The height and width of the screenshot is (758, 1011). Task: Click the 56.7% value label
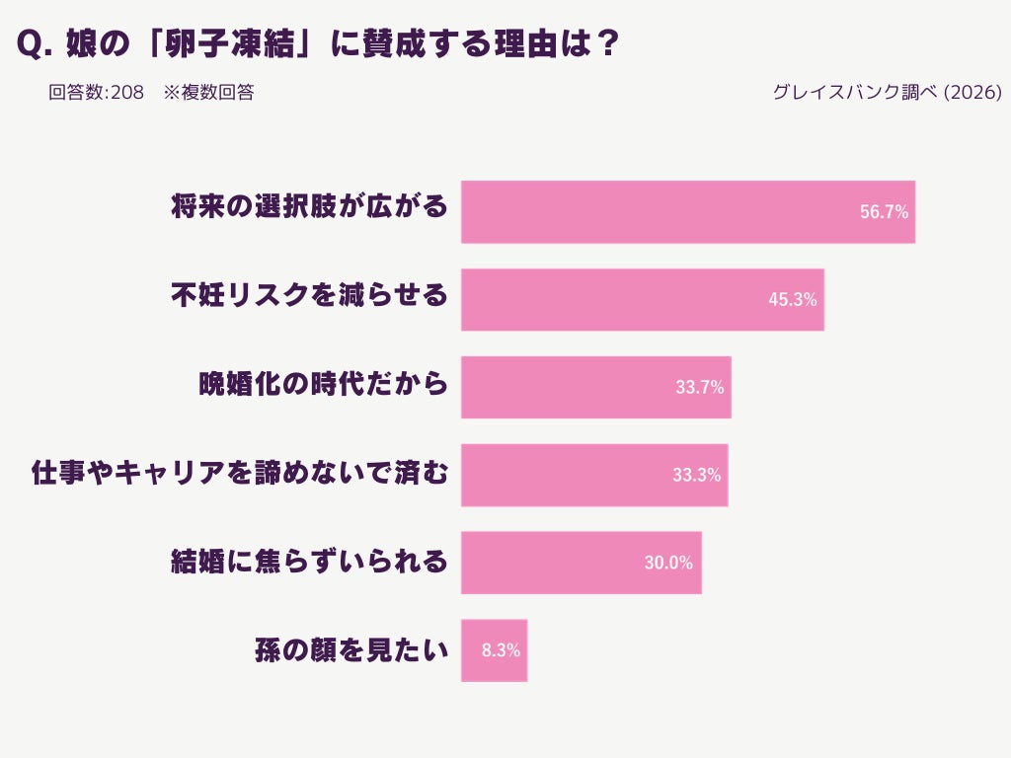point(884,212)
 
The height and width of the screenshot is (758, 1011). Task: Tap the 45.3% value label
point(793,300)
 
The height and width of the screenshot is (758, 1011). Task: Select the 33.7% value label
point(700,388)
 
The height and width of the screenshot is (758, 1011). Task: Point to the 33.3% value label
point(697,475)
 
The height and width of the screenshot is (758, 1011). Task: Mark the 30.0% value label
point(668,563)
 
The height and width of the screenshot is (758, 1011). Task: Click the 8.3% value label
point(501,650)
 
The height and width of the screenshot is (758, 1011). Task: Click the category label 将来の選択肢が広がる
point(309,207)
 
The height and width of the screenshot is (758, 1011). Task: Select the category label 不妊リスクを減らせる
point(309,295)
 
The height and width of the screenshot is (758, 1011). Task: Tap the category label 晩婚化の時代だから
point(324,383)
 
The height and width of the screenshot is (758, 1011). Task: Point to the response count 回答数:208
point(97,93)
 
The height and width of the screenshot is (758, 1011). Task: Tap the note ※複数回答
point(208,93)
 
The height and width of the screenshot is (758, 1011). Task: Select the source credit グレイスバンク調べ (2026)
point(888,93)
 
